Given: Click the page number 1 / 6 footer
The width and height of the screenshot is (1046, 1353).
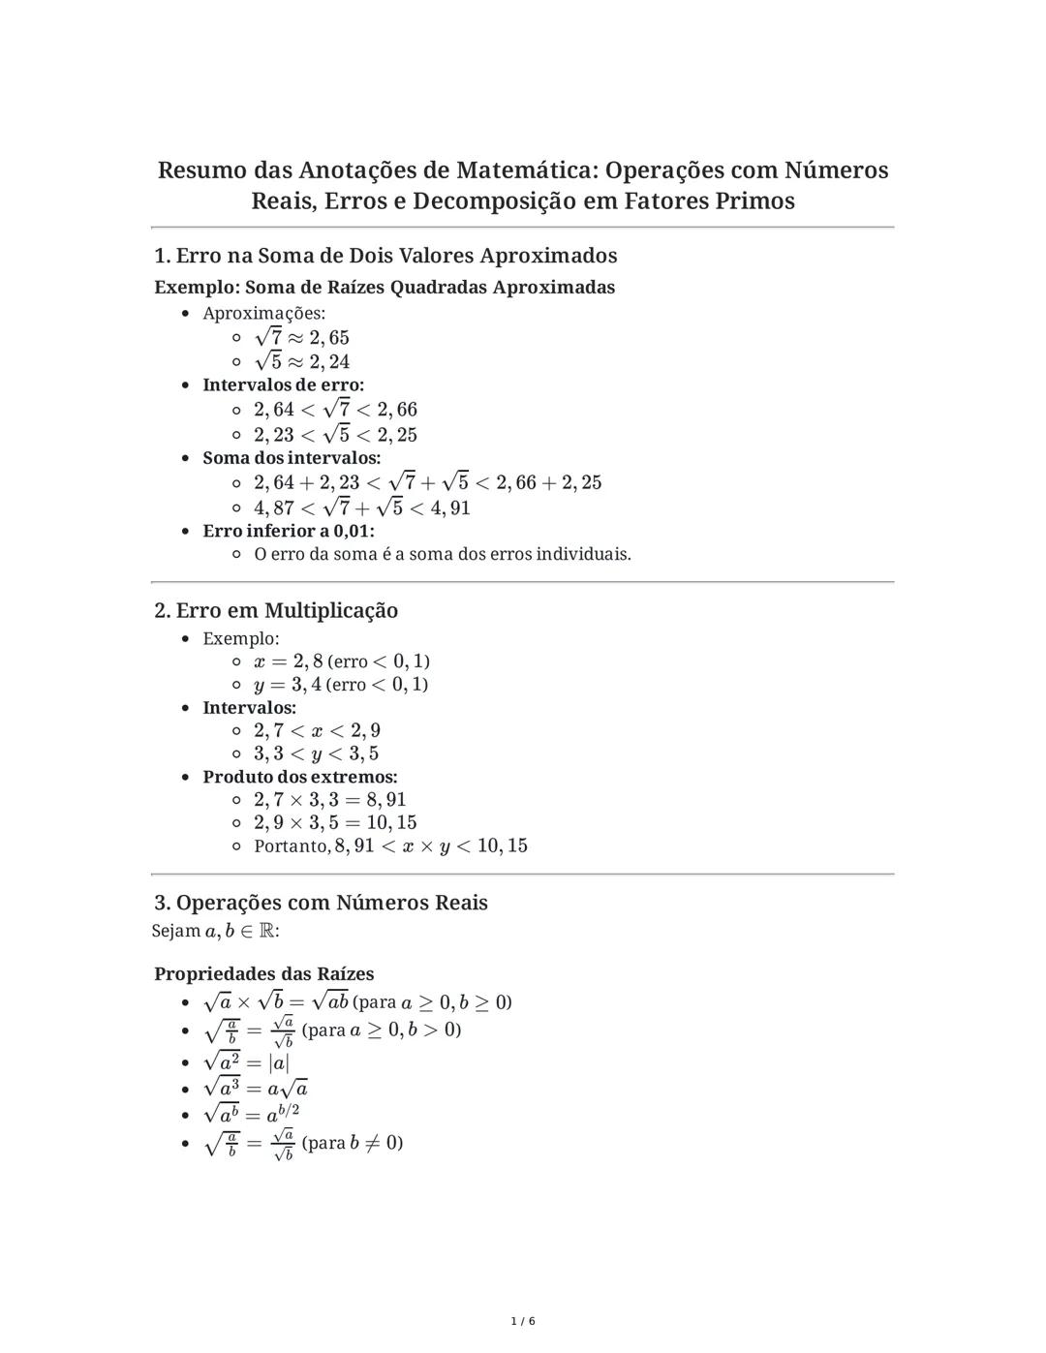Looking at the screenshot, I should [523, 1321].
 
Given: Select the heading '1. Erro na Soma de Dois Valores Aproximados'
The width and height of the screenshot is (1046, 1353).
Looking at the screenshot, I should [385, 256].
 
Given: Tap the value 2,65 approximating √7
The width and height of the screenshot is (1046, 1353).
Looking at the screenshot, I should [329, 338].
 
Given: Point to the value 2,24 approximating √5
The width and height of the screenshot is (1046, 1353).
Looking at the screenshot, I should [329, 362].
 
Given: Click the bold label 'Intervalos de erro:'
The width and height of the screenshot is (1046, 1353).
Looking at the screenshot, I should [283, 384].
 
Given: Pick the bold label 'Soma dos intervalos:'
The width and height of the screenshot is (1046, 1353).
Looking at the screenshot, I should [292, 457].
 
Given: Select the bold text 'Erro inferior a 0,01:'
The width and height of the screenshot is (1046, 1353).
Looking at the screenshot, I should [289, 531].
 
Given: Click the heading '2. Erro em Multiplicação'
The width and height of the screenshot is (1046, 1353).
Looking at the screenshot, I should [276, 610].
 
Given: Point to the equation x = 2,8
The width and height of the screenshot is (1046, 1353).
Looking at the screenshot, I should [289, 661].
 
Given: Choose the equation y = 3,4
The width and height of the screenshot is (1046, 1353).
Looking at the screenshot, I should [288, 685].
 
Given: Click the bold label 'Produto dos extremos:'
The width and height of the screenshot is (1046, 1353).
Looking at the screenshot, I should [300, 777].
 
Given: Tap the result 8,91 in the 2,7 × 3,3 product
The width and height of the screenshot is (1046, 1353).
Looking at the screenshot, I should [385, 800].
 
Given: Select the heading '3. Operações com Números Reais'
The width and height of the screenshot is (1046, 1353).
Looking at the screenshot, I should [321, 903].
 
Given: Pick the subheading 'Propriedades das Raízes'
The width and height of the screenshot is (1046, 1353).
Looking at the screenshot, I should [264, 973].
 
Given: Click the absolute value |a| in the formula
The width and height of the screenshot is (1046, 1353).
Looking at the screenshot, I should [279, 1062].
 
